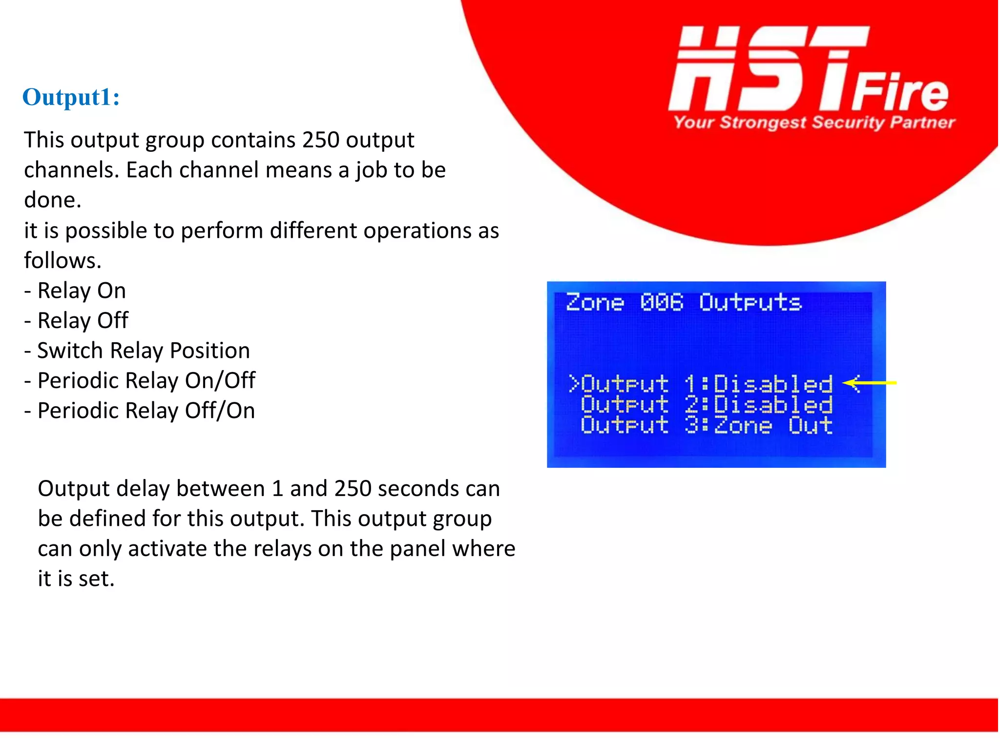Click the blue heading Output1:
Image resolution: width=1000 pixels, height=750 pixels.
click(71, 97)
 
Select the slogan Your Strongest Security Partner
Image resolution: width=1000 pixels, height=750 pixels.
click(814, 122)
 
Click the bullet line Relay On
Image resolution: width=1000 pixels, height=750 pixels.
click(76, 291)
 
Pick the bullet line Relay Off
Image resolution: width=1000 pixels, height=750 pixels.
click(77, 321)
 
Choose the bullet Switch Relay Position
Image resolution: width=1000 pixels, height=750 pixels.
click(137, 351)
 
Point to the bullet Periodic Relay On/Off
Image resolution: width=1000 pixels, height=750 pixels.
click(140, 381)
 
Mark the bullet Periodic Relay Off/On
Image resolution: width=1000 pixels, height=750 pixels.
click(140, 411)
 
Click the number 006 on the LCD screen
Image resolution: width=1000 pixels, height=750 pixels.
click(662, 303)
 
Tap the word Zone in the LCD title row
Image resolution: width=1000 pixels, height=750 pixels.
click(595, 303)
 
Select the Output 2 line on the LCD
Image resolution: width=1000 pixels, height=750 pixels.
click(707, 405)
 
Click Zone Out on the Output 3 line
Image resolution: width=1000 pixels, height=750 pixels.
click(773, 426)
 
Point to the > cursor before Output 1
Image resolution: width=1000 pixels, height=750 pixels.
click(573, 384)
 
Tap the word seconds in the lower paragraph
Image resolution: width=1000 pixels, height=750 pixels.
click(419, 489)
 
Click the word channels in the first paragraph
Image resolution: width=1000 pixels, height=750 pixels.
click(71, 170)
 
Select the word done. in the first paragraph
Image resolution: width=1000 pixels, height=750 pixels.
click(53, 200)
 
